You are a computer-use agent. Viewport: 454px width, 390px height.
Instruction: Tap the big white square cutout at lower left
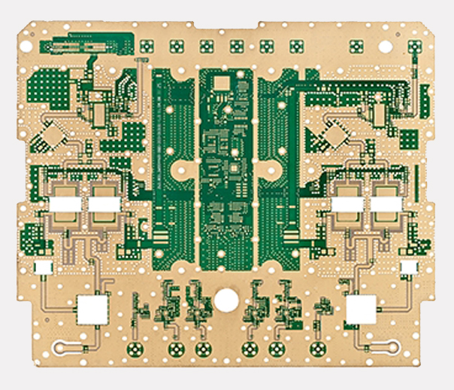point(93,307)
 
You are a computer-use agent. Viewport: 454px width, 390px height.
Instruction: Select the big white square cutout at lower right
point(361,308)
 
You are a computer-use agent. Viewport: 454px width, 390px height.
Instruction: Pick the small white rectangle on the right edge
point(410,267)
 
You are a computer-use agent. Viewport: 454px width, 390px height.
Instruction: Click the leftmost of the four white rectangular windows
point(65,203)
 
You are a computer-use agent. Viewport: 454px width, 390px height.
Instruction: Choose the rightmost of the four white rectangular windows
point(386,203)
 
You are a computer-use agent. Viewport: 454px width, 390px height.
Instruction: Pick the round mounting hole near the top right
point(386,47)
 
